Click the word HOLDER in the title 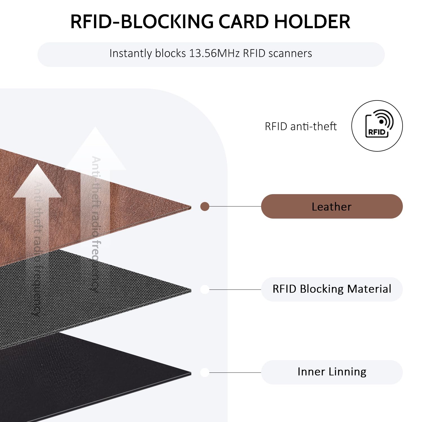[312, 22]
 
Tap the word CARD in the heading [243, 22]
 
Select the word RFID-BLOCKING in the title [142, 22]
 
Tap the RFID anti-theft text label [300, 126]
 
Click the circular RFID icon [377, 126]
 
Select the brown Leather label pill [332, 206]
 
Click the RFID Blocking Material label [332, 289]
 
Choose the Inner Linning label [332, 372]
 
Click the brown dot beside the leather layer [205, 206]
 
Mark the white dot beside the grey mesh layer [205, 289]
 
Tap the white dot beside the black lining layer [205, 372]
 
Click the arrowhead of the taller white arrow [95, 149]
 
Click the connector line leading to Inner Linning [235, 372]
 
